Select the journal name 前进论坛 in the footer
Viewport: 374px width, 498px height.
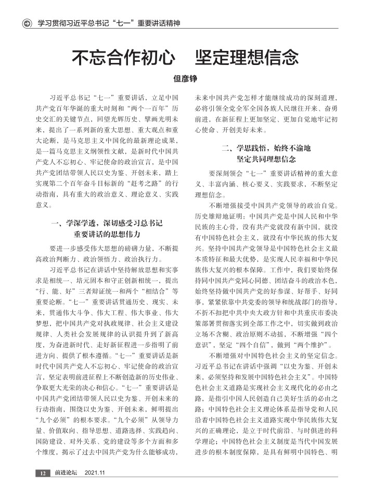point(66,473)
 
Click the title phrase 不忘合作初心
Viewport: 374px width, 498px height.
point(123,57)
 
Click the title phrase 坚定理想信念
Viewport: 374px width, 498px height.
point(247,57)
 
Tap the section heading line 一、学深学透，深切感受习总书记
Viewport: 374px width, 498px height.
point(107,224)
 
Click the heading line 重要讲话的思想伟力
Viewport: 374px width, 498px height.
point(107,233)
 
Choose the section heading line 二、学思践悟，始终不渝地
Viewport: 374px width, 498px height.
point(266,149)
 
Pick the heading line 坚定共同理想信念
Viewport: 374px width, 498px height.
point(266,159)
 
